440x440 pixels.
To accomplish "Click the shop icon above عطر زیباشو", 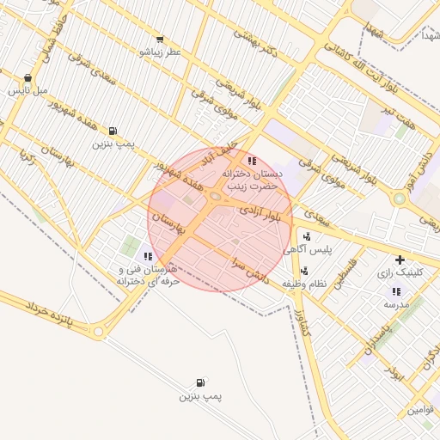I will [x=160, y=40].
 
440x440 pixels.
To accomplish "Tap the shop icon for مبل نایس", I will [x=28, y=77].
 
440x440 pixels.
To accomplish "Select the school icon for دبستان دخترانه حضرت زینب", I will [x=251, y=161].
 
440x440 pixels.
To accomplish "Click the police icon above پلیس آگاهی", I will [x=307, y=236].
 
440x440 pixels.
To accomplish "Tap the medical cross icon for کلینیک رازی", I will [x=399, y=260].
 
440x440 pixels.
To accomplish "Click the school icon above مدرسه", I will [x=395, y=290].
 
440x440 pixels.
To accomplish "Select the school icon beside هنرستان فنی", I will [x=148, y=255].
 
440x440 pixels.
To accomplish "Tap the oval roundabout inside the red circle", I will [x=213, y=200].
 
